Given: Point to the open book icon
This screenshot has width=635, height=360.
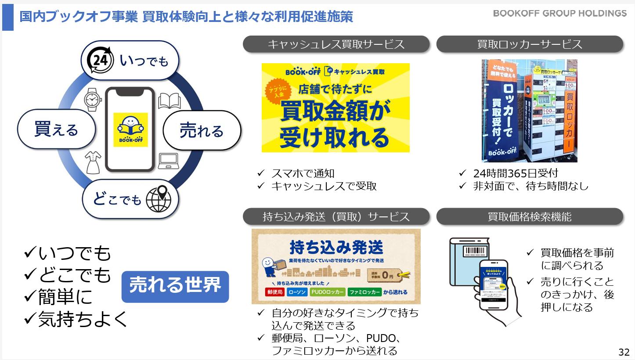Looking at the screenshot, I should [x=169, y=101].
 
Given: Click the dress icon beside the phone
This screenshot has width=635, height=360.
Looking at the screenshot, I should [x=93, y=163].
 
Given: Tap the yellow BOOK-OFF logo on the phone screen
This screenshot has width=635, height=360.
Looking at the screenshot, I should [x=130, y=130].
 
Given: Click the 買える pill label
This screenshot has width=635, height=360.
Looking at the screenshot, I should [x=56, y=130].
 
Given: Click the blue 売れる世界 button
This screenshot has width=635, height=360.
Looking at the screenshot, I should [x=175, y=286].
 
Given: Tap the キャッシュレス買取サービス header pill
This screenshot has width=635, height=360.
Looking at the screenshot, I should [x=336, y=44].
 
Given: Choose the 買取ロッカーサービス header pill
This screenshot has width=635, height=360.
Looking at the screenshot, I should [x=530, y=44].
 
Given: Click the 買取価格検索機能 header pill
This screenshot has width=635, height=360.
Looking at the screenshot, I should [x=530, y=216].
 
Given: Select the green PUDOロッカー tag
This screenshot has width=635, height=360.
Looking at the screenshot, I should [x=327, y=292].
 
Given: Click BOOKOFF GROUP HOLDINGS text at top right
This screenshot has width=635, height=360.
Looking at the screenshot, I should [x=560, y=13].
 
